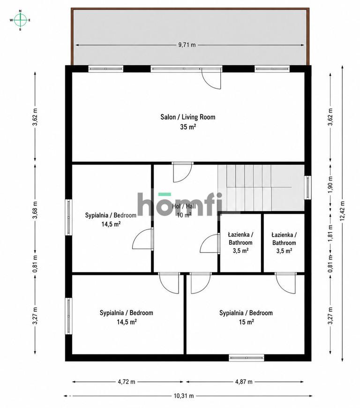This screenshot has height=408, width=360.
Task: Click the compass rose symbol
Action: click(x=20, y=20)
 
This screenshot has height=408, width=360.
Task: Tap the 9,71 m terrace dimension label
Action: click(x=187, y=45)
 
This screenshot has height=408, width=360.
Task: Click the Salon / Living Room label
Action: click(x=188, y=117)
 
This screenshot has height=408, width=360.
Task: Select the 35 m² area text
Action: click(x=188, y=127)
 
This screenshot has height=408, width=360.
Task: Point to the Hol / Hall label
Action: click(x=184, y=206)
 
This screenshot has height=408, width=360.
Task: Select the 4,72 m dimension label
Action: click(x=127, y=382)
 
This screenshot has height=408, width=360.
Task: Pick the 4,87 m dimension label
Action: click(x=244, y=382)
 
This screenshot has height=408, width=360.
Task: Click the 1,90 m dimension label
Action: click(x=330, y=184)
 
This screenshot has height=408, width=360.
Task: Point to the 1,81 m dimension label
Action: click(x=330, y=233)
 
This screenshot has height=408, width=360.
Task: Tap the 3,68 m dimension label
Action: click(x=35, y=210)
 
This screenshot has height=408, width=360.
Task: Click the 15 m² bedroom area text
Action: click(x=247, y=322)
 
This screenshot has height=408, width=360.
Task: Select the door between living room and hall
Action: click(x=183, y=172)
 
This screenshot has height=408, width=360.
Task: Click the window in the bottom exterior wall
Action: click(x=247, y=358)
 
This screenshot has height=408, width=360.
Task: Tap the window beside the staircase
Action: click(x=307, y=187)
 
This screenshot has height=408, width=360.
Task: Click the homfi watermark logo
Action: click(x=180, y=204)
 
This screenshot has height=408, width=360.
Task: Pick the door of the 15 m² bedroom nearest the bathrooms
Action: click(x=285, y=283)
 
